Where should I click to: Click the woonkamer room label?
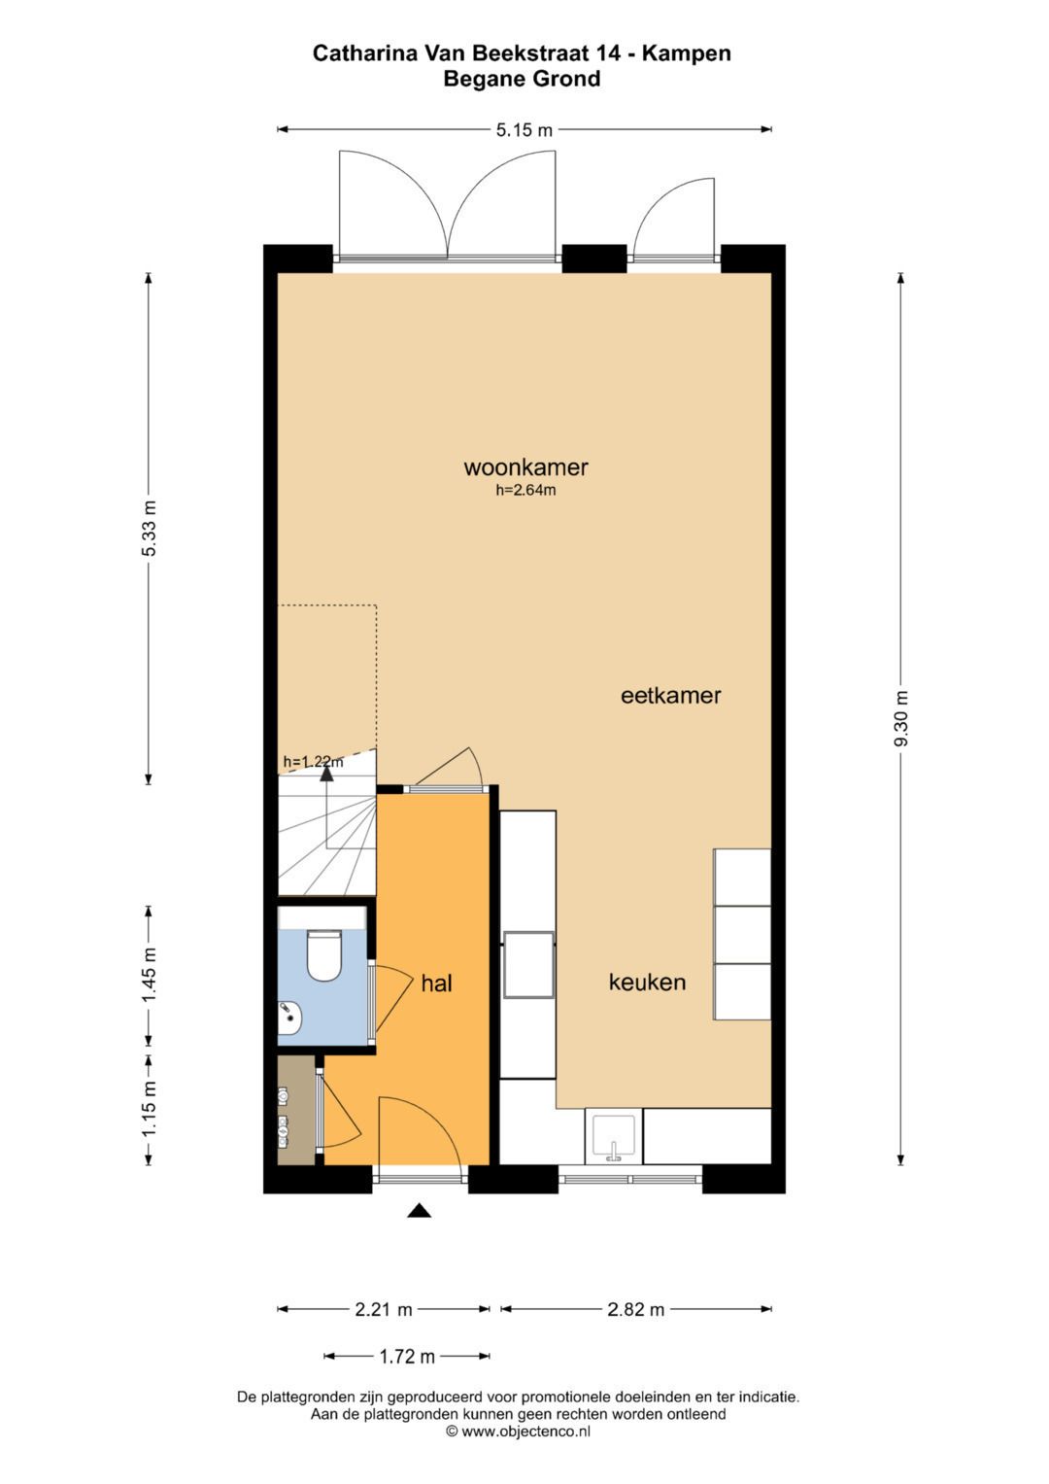point(525,467)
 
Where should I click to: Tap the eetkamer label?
point(670,696)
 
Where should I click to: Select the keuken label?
point(647,983)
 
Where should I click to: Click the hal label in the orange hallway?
point(436,984)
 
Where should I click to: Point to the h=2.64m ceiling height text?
point(525,491)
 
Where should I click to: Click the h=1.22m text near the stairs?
point(312,762)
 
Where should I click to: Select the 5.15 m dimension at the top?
point(524,130)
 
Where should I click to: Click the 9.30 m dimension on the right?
point(901,719)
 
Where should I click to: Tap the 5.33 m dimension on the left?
point(150,529)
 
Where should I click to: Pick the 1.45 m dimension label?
point(150,976)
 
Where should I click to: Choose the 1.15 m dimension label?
point(150,1110)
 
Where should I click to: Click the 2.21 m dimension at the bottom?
point(384,1310)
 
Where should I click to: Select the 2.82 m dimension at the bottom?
point(636,1310)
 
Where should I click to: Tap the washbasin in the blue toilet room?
point(290,1019)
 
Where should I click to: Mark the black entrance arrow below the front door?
point(419,1210)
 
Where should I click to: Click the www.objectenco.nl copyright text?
point(518,1432)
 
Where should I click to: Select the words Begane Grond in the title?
point(522,80)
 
